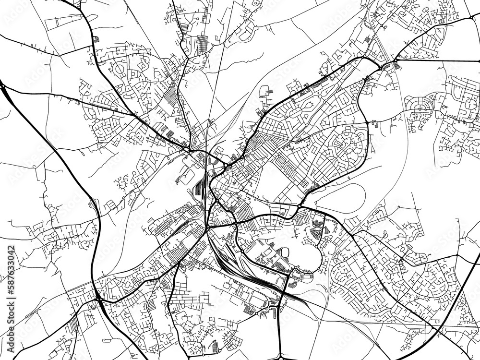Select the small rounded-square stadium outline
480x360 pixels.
(x=285, y=252)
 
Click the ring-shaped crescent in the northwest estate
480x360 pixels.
(x=119, y=69)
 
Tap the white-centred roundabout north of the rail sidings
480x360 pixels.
(x=225, y=167)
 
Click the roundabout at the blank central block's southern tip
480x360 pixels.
(x=300, y=206)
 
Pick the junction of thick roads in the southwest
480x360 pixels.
(x=98, y=299)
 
